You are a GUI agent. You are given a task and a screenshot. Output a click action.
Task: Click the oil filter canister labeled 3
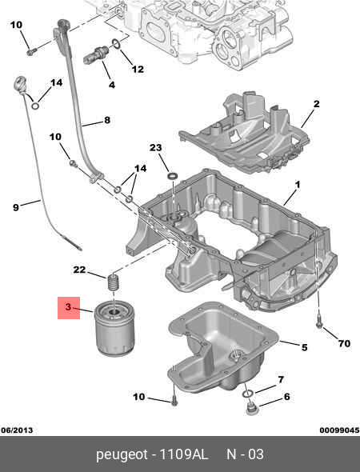click(114, 328)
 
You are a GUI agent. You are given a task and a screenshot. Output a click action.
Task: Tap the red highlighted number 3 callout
click(69, 308)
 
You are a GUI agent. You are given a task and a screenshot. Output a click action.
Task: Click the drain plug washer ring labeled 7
click(248, 393)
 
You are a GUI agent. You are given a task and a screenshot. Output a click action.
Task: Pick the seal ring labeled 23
click(173, 176)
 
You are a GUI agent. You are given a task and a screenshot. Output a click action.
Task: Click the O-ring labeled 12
click(117, 44)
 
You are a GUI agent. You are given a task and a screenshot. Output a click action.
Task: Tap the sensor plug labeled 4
click(96, 54)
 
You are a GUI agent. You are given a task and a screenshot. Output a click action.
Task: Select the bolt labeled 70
click(318, 321)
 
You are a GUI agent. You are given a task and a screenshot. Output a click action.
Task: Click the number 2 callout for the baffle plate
click(316, 104)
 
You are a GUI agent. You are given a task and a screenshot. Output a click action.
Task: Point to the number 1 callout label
click(298, 185)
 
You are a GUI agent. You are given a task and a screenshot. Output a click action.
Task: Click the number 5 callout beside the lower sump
click(304, 347)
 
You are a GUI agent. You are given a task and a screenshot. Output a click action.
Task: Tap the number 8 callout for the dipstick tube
click(107, 121)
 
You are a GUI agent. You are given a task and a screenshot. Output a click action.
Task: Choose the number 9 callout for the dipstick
click(16, 207)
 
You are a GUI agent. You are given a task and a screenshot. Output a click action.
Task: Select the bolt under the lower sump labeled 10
click(174, 400)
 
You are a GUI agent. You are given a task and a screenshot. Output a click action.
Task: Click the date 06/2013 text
click(17, 430)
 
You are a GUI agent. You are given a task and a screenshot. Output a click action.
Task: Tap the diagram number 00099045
click(339, 430)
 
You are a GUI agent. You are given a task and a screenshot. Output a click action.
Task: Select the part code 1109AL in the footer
click(183, 454)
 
